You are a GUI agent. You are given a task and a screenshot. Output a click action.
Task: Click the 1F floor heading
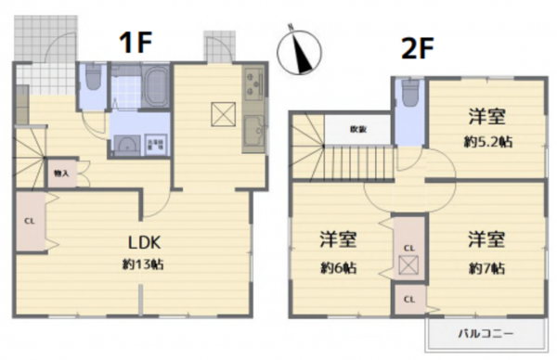[135, 42]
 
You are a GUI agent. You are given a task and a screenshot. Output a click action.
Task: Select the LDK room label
[145, 242]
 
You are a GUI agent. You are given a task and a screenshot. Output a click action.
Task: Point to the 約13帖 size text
[145, 265]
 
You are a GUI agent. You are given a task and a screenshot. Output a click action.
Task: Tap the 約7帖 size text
[485, 268]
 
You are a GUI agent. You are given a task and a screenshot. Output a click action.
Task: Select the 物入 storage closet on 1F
[61, 173]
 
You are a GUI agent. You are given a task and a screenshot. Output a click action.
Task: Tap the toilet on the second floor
[408, 93]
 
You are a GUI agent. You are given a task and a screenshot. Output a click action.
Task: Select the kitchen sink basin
[253, 135]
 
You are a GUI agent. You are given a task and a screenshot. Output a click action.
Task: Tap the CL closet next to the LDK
[28, 222]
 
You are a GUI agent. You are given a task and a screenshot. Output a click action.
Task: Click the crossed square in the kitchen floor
[223, 113]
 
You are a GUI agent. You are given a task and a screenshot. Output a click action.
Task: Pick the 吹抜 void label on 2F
[357, 130]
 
